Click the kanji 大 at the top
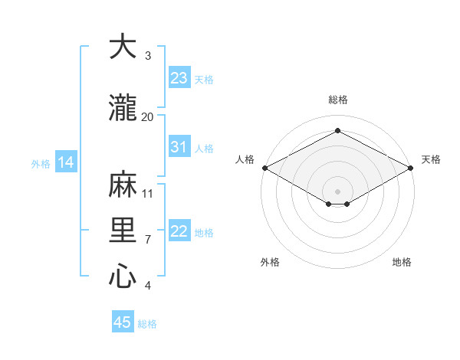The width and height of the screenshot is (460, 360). pyautogui.click(x=123, y=47)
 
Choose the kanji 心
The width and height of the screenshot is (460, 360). pyautogui.click(x=123, y=276)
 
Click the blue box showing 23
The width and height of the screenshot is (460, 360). pyautogui.click(x=179, y=78)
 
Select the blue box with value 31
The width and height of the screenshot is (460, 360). pyautogui.click(x=179, y=147)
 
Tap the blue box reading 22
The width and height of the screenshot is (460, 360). pyautogui.click(x=179, y=232)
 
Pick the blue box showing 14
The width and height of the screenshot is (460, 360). pyautogui.click(x=66, y=162)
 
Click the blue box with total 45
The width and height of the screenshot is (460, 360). pyautogui.click(x=123, y=322)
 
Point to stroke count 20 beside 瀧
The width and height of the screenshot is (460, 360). pyautogui.click(x=148, y=116)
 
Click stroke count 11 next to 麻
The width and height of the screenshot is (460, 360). pyautogui.click(x=148, y=193)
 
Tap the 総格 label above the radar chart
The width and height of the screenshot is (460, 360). pyautogui.click(x=337, y=100)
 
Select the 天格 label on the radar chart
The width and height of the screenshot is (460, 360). pyautogui.click(x=431, y=159)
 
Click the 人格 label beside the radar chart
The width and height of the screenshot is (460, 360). pyautogui.click(x=245, y=159)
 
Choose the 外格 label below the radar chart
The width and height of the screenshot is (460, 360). pyautogui.click(x=270, y=262)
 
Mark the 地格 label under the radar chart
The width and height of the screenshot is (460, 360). pyautogui.click(x=402, y=262)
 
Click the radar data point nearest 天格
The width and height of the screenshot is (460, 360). pyautogui.click(x=411, y=167)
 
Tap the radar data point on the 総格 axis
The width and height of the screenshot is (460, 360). pyautogui.click(x=337, y=131)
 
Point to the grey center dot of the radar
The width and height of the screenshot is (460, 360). pyautogui.click(x=337, y=190)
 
